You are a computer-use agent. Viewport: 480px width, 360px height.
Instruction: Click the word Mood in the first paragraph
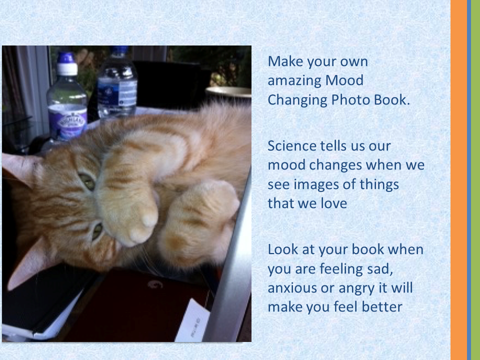pos(344,80)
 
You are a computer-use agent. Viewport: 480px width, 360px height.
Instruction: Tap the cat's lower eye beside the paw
pos(97,231)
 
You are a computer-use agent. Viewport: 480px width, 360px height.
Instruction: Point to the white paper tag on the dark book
pos(193,321)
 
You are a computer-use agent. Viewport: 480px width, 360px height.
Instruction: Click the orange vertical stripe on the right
pos(458,180)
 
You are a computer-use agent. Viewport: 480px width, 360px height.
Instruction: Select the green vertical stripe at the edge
pos(475,180)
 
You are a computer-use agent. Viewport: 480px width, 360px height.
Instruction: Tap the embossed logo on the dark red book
pos(155,284)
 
